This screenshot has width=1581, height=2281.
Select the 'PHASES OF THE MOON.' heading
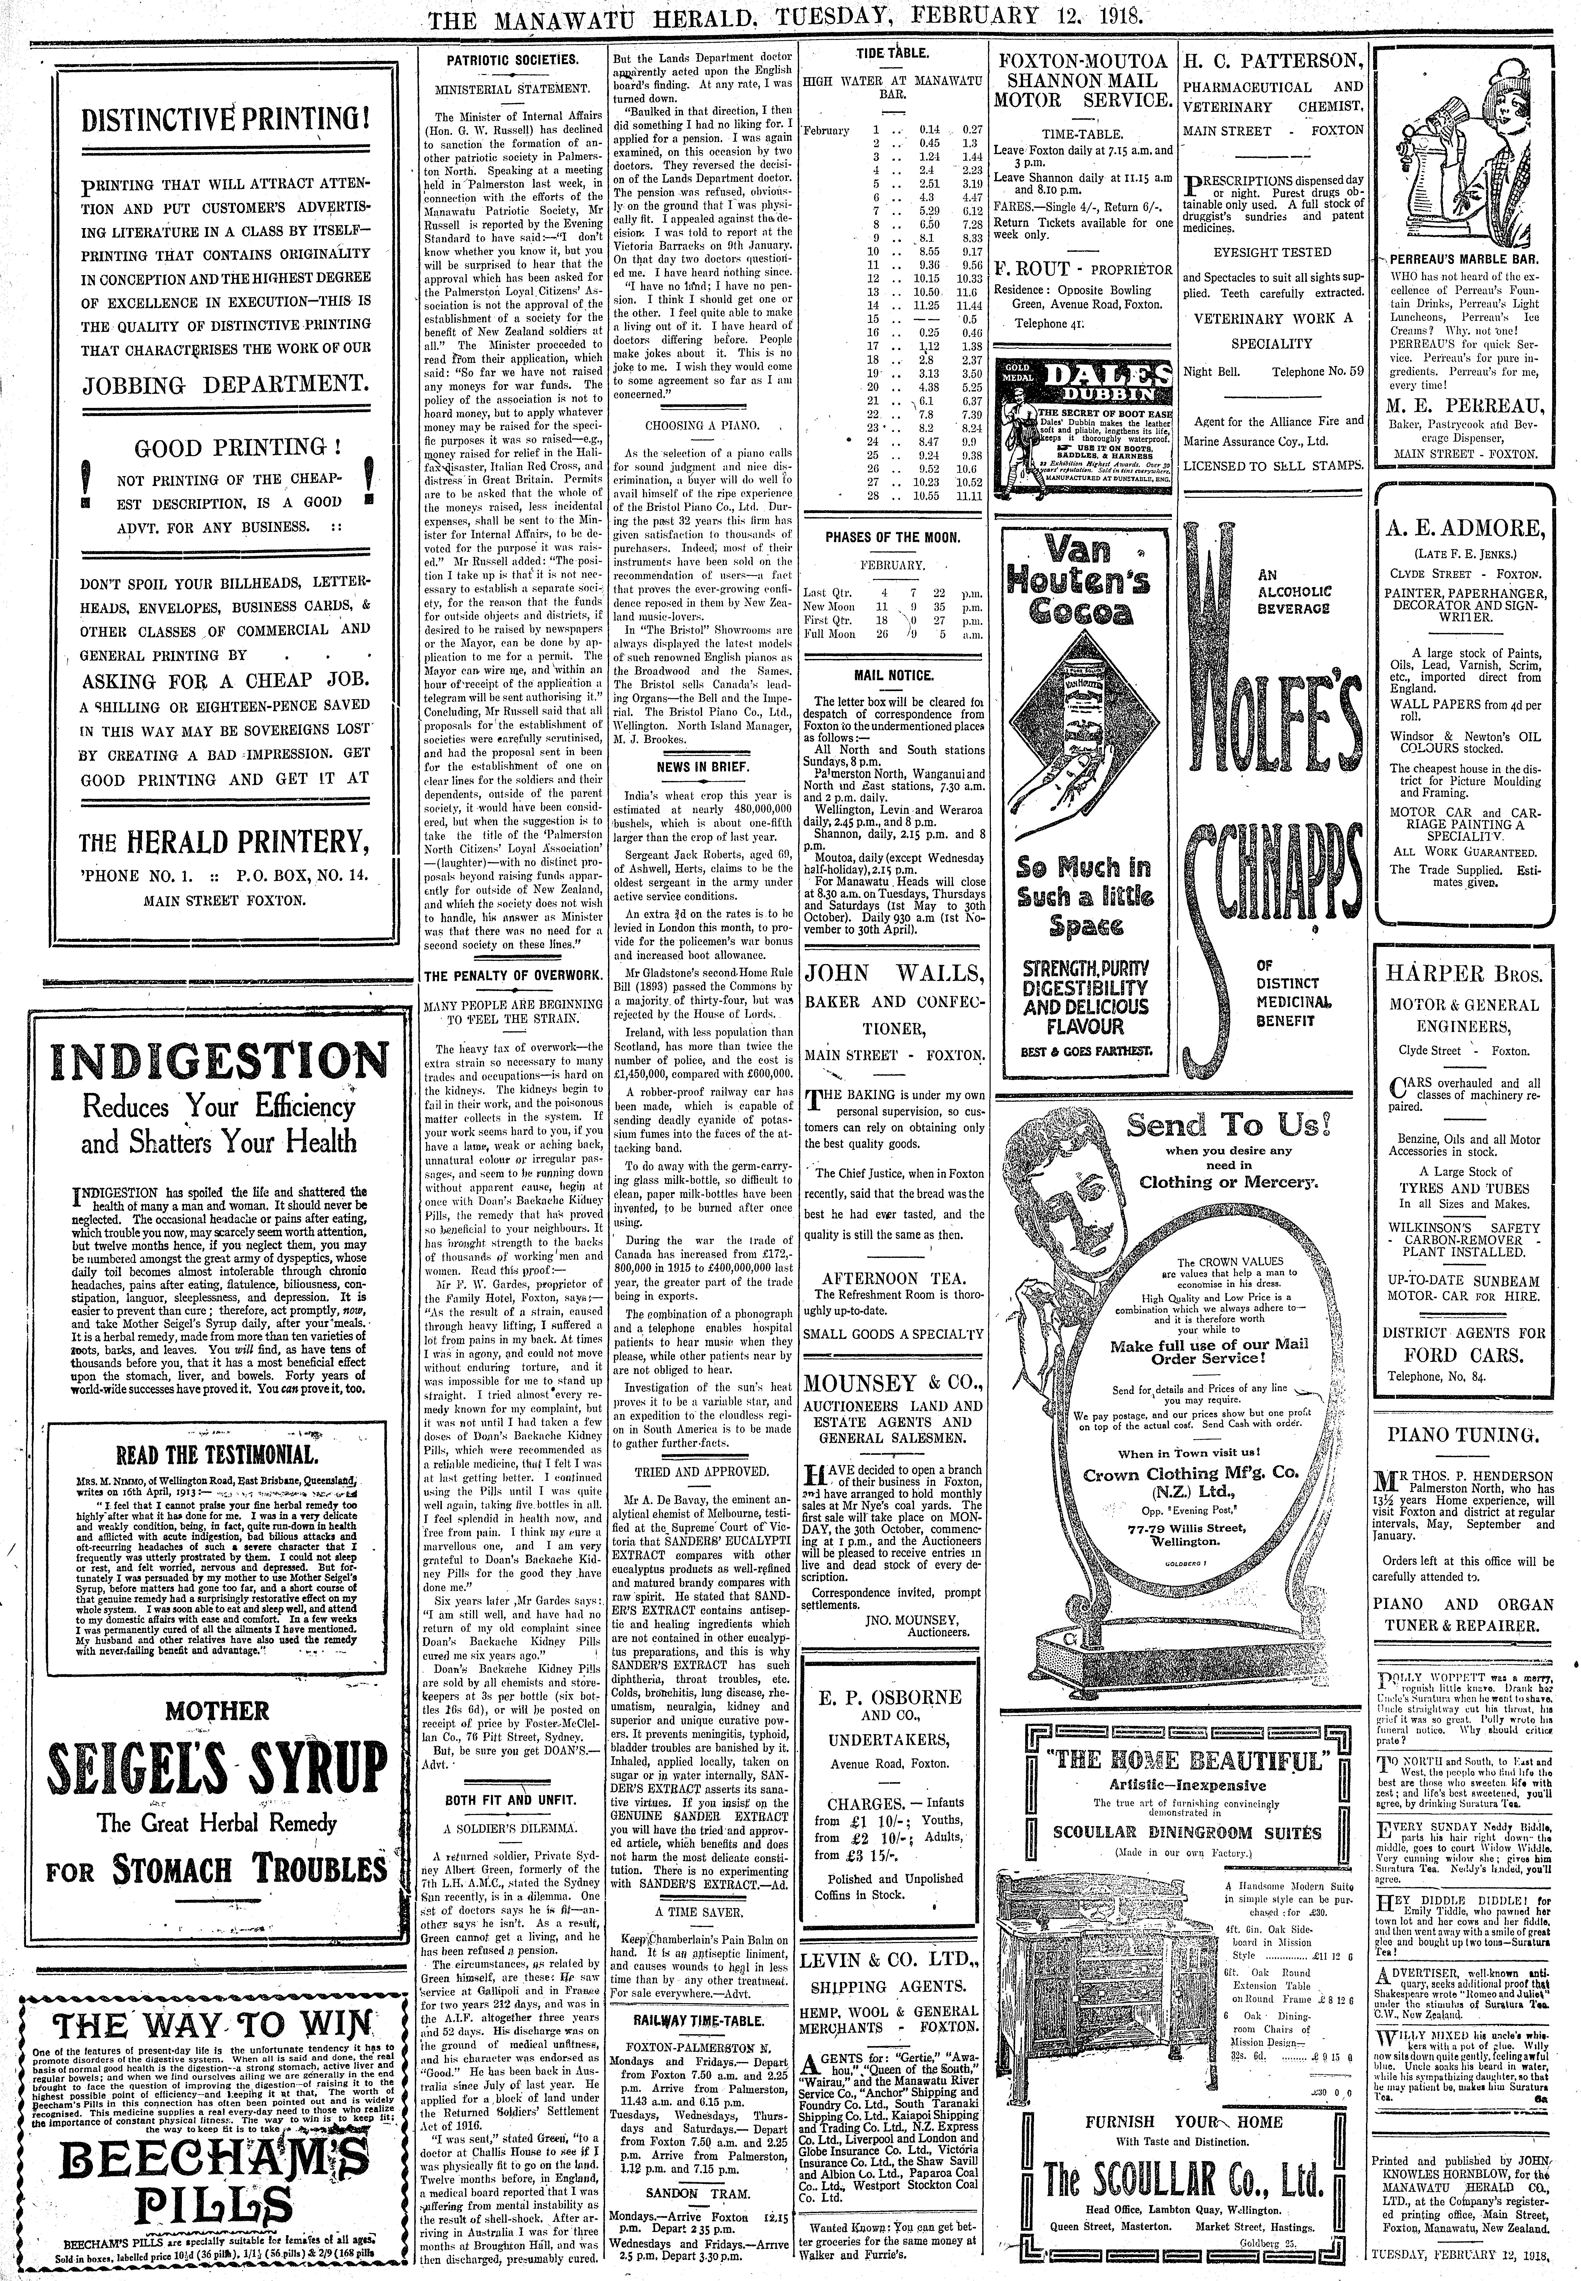point(893,538)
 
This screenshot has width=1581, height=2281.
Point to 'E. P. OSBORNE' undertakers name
point(892,1697)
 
